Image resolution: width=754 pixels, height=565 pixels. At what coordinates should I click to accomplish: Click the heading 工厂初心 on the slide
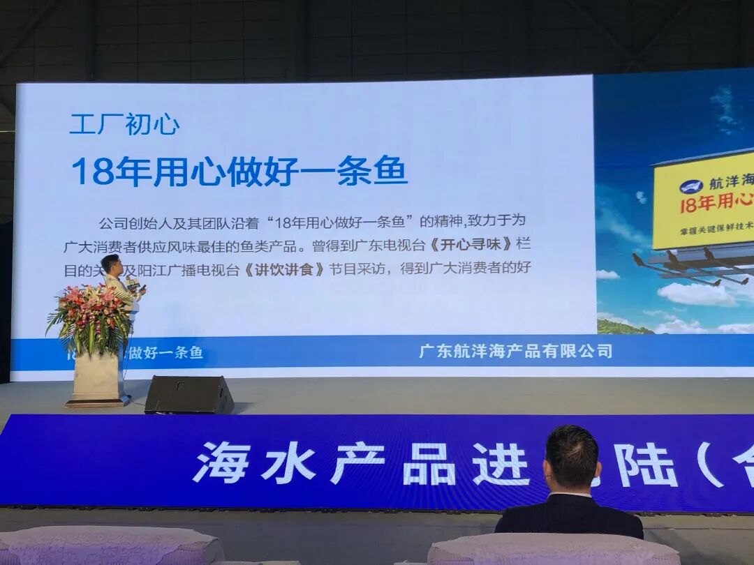tap(124, 124)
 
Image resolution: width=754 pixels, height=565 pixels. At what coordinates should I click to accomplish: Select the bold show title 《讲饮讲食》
tap(285, 269)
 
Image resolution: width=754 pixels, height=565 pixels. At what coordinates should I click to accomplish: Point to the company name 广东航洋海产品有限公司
tap(515, 351)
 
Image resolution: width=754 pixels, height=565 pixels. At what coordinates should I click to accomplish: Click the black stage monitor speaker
tap(188, 395)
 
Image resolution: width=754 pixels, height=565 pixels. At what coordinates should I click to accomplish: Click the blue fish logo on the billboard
tap(690, 186)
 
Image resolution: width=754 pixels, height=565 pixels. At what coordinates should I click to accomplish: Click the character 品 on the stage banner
tap(429, 463)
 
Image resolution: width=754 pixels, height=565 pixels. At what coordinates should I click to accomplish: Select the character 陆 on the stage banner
tap(651, 464)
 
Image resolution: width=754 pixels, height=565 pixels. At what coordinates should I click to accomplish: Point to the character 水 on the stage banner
tap(288, 462)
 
